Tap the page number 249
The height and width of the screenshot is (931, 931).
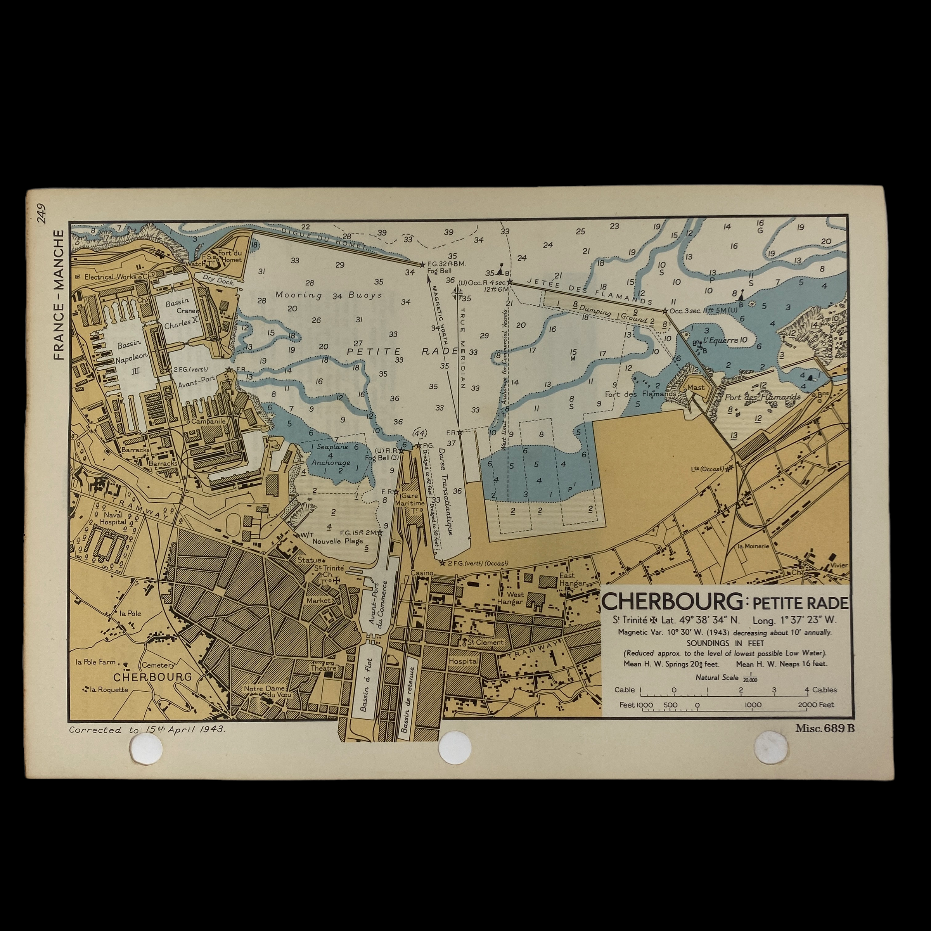coord(42,213)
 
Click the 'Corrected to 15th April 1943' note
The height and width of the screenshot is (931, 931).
coord(147,730)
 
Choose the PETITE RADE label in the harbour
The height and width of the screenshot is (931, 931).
coord(402,351)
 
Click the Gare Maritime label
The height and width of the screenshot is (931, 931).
coord(410,500)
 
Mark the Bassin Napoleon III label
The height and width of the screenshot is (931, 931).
coord(129,356)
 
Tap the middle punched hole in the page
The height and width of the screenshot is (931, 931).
coord(454,748)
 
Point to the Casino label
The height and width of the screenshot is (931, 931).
coord(422,573)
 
